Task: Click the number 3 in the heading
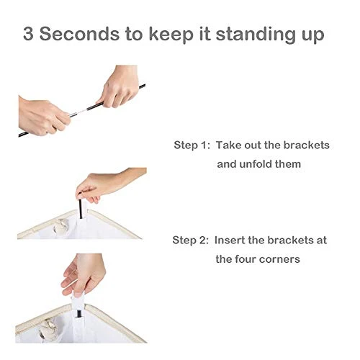coord(28,34)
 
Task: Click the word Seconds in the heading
coord(79,34)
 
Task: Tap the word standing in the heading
coord(255,34)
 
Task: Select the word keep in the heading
coord(171,35)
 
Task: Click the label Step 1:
coord(192,145)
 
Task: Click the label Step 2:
coord(191,240)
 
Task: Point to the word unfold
coord(255,164)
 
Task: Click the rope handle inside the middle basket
coord(61,227)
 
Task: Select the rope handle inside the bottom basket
coord(49,328)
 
